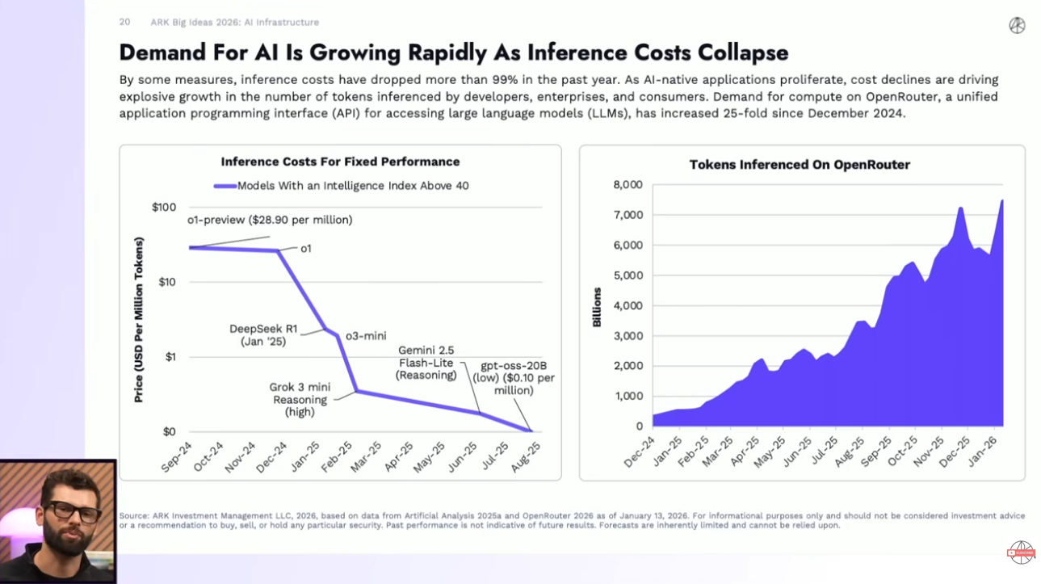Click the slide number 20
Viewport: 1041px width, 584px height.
tap(124, 22)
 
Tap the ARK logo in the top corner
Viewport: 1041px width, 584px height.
tap(1017, 25)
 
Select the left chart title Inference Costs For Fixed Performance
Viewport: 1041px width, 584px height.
tap(340, 162)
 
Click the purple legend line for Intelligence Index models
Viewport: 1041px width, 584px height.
tap(225, 186)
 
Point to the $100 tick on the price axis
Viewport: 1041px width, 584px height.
tap(164, 208)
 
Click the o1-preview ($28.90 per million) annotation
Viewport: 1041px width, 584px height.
tap(270, 220)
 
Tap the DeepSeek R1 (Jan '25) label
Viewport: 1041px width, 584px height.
tap(263, 335)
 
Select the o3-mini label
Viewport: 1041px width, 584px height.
tap(366, 336)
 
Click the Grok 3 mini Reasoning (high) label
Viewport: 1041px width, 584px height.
tap(300, 400)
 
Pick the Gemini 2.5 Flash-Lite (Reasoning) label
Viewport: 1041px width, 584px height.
tap(426, 363)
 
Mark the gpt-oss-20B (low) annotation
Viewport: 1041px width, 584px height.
tap(518, 378)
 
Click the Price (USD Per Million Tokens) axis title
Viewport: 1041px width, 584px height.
tap(139, 320)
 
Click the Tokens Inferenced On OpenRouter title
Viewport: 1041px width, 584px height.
tap(800, 165)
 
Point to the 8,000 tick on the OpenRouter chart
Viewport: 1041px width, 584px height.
tap(628, 185)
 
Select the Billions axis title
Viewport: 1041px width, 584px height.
tap(597, 307)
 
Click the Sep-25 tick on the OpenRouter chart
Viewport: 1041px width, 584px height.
tap(876, 453)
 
